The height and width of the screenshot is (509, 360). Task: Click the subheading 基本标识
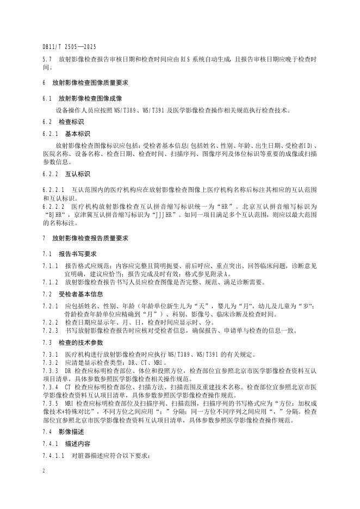(x=76, y=133)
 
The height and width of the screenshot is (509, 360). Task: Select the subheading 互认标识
(x=76, y=174)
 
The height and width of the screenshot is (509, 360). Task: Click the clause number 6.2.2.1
(x=52, y=189)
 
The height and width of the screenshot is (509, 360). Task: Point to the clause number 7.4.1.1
(x=52, y=455)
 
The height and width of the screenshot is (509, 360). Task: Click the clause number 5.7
(x=46, y=58)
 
